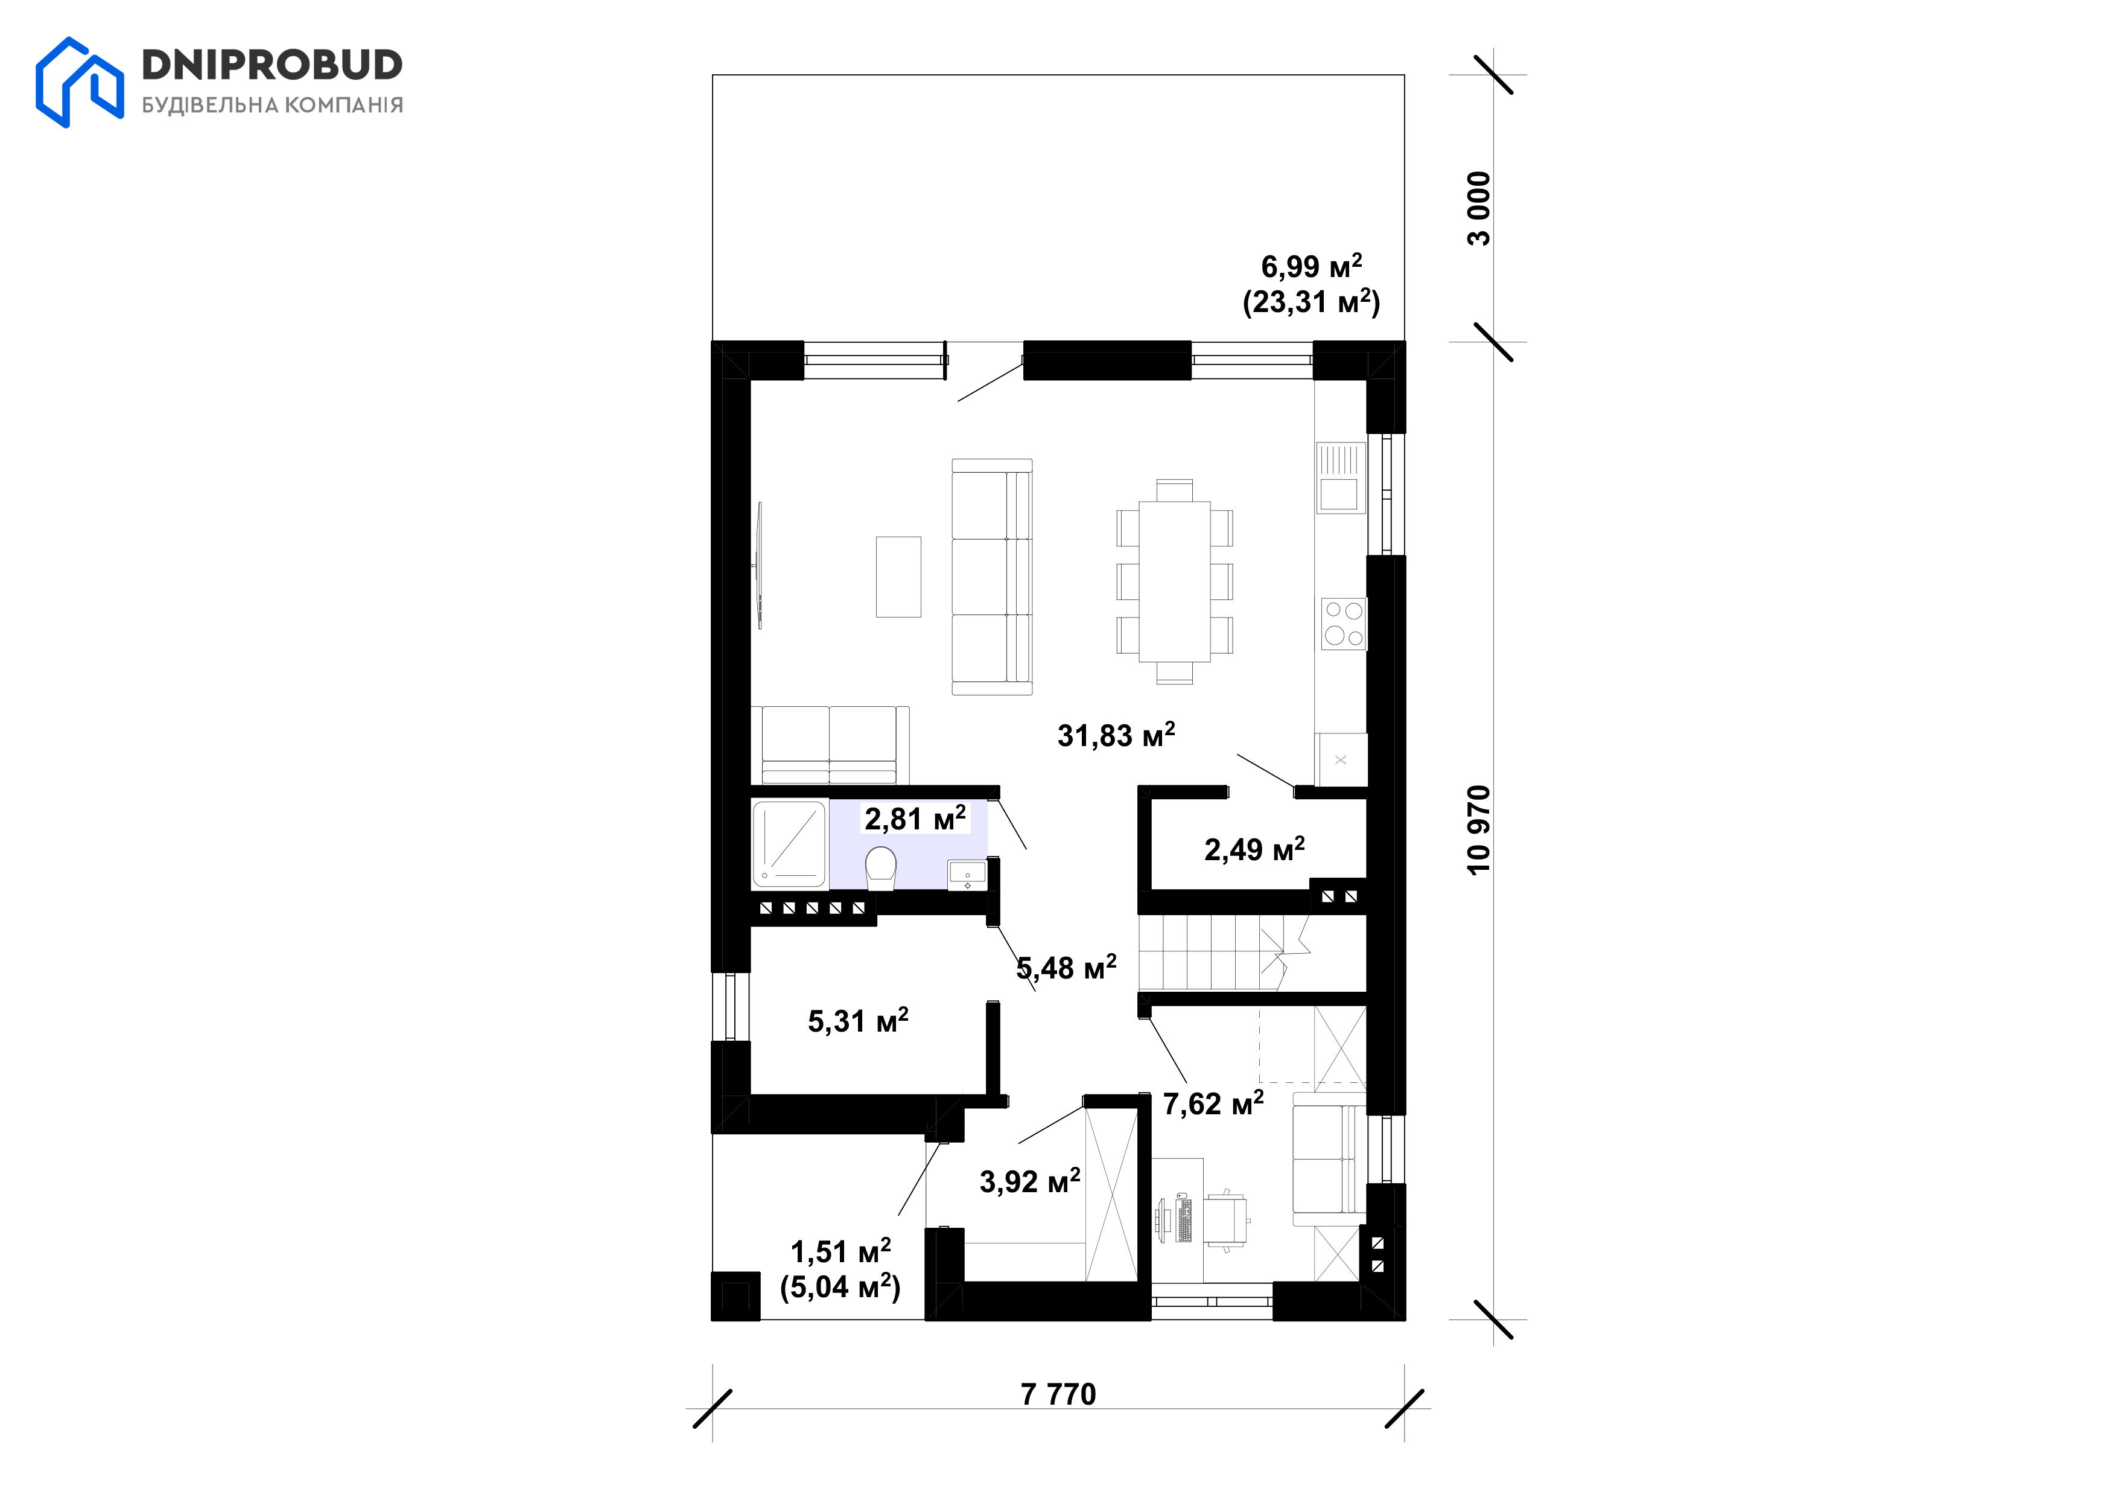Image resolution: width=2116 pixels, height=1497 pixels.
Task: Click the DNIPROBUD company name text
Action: coord(272,65)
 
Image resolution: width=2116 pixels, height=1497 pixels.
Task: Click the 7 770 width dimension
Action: coord(1058,1394)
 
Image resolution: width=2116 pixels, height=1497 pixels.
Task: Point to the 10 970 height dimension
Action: coord(1478,829)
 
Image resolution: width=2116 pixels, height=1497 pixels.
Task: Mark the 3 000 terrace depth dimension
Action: coord(1478,208)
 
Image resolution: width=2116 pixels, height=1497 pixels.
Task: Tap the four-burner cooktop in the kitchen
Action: coord(1344,623)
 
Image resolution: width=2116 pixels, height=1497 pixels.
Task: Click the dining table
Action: coord(1174,581)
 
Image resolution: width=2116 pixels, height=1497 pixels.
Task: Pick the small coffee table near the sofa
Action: coord(898,577)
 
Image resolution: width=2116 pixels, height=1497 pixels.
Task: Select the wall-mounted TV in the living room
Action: coord(760,565)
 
